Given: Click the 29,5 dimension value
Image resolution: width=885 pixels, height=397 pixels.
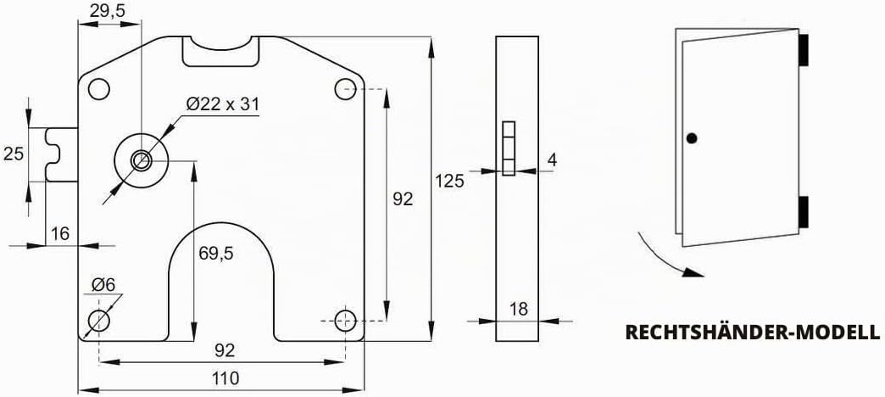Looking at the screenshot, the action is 108,12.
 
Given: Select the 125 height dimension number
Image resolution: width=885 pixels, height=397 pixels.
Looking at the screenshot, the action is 449,182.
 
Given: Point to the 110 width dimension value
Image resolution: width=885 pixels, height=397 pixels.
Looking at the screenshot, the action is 224,377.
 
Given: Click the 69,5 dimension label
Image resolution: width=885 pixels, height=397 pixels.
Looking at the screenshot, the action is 216,254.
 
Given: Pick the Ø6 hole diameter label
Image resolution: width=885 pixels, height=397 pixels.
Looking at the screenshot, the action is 103,285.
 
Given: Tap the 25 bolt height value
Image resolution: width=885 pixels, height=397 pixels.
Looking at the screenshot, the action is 14,154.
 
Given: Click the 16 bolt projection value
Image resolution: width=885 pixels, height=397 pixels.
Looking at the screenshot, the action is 60,233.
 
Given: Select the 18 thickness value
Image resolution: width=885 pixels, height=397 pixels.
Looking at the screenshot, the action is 518,309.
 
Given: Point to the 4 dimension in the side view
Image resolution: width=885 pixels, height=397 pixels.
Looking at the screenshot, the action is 552,159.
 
